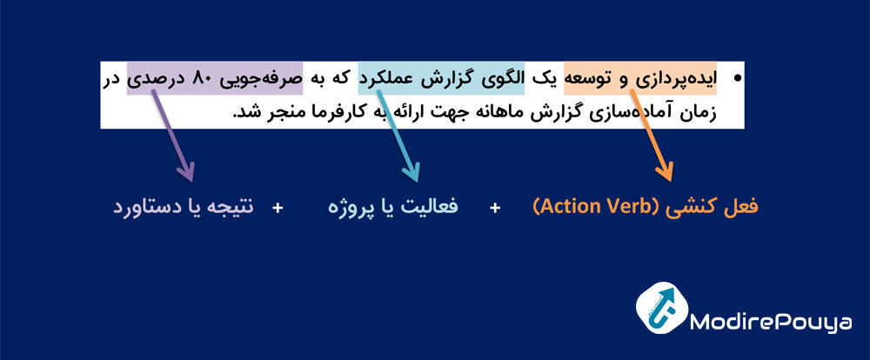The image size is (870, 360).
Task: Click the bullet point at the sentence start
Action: click(x=741, y=79)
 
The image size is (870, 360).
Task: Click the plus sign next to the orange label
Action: click(x=495, y=208)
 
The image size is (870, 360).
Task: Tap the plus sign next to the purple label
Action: click(x=278, y=208)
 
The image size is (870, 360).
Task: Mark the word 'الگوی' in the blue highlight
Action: click(x=501, y=79)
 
